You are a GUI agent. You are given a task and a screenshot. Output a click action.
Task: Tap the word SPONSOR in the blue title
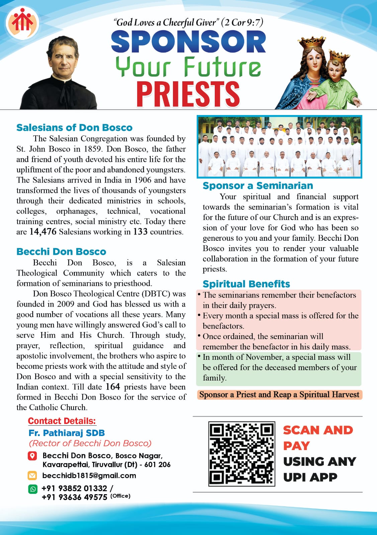(x=188, y=42)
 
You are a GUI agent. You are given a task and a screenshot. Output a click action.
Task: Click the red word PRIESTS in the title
(x=188, y=94)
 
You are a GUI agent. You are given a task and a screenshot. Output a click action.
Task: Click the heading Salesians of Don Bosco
(x=74, y=127)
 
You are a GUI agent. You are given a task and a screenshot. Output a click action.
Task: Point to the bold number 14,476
(x=43, y=232)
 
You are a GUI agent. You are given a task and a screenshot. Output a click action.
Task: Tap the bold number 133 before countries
(x=140, y=232)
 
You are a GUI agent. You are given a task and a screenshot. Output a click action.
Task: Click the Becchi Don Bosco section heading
(x=61, y=251)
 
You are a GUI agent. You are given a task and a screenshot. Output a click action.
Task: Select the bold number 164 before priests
(x=113, y=387)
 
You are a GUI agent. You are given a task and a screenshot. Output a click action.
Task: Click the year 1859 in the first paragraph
(x=93, y=149)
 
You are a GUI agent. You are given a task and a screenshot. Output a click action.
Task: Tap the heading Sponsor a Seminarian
(x=258, y=186)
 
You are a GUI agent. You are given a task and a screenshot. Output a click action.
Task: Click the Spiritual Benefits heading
(x=246, y=284)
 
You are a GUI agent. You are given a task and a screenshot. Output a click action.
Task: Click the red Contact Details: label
(x=62, y=421)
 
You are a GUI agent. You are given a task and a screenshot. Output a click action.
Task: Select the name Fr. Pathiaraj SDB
(x=67, y=433)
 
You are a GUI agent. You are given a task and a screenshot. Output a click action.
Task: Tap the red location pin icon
(x=32, y=456)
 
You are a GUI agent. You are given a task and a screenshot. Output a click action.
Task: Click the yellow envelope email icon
(x=32, y=475)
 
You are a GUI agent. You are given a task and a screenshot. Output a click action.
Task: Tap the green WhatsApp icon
(x=33, y=489)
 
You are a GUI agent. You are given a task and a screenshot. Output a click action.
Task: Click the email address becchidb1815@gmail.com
(x=89, y=475)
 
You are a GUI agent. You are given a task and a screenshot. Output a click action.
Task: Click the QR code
(x=242, y=454)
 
